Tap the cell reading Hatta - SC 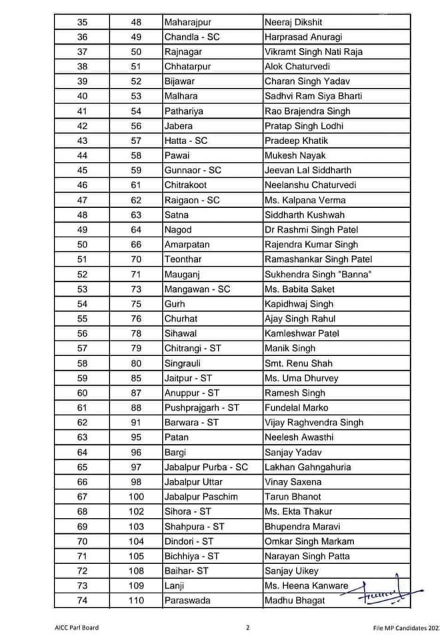186,141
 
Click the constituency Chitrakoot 185,185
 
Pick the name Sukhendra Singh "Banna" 318,274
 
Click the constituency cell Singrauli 183,363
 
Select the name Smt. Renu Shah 298,363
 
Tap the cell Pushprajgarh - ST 202,407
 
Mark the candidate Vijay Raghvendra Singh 314,422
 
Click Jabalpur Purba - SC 206,467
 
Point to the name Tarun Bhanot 293,497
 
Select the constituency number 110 136,601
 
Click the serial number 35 83,22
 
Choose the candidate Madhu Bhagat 296,601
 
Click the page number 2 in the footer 247,627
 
